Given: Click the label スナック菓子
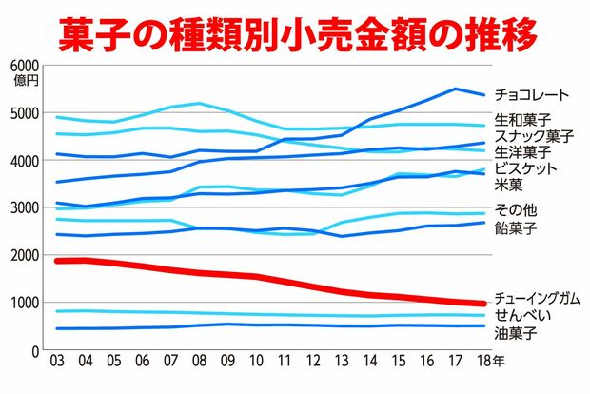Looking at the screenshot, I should pyautogui.click(x=533, y=135).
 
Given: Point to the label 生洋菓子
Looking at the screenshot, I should pyautogui.click(x=526, y=151).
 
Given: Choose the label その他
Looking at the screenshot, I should pyautogui.click(x=514, y=210).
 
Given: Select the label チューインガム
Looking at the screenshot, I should pyautogui.click(x=538, y=298).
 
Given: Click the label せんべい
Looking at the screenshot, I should pyautogui.click(x=525, y=315).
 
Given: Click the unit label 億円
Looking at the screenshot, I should pyautogui.click(x=26, y=80).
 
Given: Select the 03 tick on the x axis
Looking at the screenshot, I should pyautogui.click(x=57, y=363).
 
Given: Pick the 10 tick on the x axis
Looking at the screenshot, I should pyautogui.click(x=257, y=363).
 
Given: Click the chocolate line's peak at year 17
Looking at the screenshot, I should pyautogui.click(x=456, y=89).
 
